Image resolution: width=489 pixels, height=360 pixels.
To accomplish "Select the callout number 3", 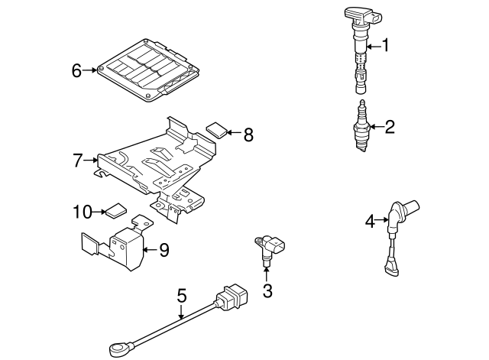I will [267, 290].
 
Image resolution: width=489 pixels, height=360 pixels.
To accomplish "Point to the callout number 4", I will [370, 222].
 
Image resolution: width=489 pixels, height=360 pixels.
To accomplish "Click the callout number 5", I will [181, 293].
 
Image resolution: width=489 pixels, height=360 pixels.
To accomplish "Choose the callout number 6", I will [76, 70].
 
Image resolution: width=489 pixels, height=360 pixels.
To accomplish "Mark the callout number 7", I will [77, 161].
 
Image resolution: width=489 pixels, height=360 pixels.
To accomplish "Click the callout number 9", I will [164, 249].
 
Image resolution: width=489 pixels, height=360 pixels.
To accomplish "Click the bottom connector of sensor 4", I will [392, 268].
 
